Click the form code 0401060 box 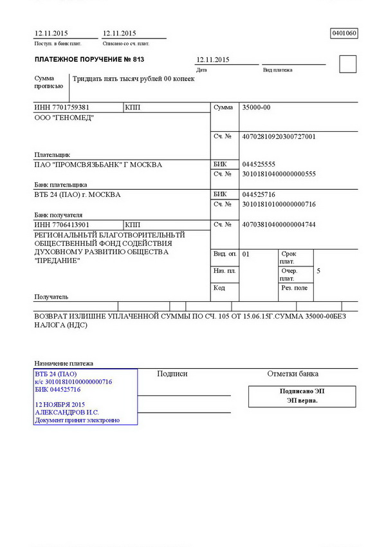(344, 33)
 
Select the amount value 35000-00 (256, 107)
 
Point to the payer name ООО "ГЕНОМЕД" (62, 118)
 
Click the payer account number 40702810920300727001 (279, 137)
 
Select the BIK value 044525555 (259, 165)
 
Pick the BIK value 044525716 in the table (259, 194)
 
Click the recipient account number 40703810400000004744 (279, 225)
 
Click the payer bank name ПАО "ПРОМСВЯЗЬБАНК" (98, 165)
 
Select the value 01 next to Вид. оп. (246, 254)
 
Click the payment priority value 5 (318, 271)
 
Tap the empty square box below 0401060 (347, 64)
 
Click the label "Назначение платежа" (64, 363)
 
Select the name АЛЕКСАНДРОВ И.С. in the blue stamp (67, 412)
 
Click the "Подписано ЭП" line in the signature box (302, 391)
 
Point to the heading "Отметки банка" (293, 374)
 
